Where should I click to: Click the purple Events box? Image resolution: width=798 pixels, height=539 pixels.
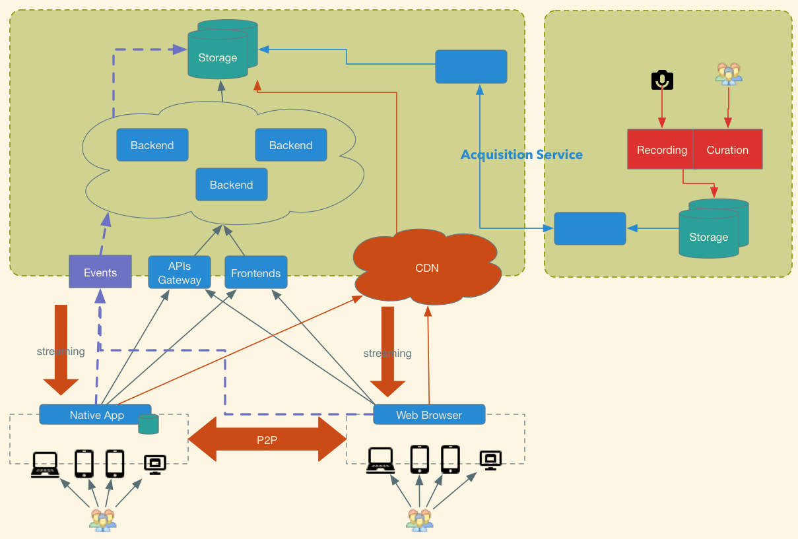100,271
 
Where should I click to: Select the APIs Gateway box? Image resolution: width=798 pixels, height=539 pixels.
180,272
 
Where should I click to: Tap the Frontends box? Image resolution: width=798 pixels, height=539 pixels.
256,272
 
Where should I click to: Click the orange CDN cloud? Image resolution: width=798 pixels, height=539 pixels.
427,267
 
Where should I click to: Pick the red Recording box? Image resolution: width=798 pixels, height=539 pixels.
661,149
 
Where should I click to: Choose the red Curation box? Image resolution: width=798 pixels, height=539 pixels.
727,149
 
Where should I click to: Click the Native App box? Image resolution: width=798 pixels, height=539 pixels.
96,414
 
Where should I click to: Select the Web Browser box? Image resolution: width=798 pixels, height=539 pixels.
429,414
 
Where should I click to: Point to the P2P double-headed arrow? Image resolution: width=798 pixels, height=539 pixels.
267,439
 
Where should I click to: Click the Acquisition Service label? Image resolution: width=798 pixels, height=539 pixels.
521,154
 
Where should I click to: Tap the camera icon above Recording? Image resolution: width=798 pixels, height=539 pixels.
662,80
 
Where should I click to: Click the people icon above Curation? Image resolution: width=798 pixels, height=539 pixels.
729,74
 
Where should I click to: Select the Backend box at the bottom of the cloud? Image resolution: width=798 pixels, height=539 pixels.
232,185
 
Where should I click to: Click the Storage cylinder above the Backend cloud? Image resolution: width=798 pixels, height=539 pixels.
222,49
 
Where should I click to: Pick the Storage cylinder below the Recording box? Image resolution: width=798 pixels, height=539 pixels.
714,228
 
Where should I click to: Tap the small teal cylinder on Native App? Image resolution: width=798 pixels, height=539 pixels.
149,424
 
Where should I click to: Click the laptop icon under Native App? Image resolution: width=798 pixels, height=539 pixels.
45,464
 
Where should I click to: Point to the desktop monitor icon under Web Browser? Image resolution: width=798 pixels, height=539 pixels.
490,460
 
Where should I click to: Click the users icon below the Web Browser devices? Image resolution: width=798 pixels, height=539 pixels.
420,520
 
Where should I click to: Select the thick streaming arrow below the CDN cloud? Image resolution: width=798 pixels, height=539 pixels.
387,352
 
